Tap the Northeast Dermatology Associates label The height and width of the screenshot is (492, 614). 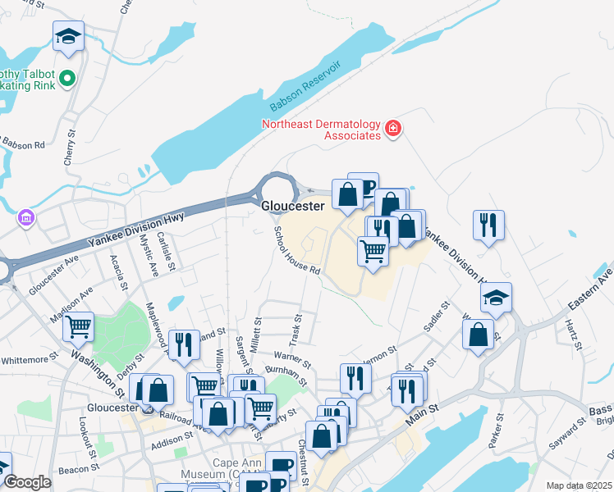click(x=321, y=130)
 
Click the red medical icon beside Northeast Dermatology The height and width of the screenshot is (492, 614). click(x=393, y=128)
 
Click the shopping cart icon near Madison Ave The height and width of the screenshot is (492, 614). click(x=79, y=327)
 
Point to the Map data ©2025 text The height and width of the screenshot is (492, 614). click(x=579, y=485)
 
